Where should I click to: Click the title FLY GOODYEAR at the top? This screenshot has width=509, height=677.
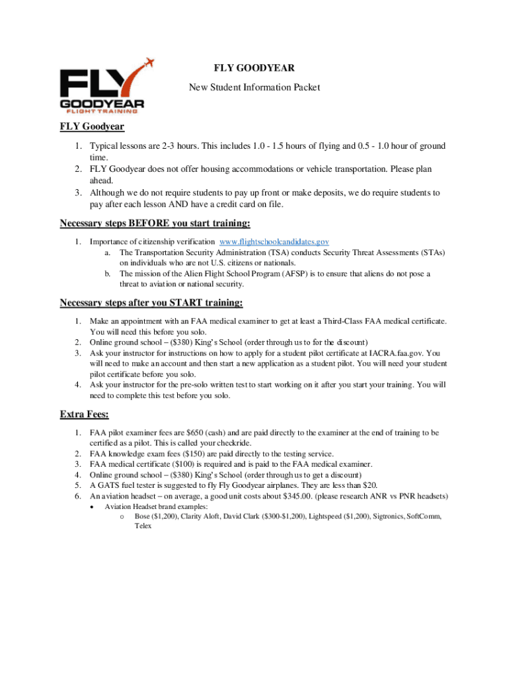(254, 68)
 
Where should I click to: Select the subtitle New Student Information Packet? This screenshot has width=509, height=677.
(255, 87)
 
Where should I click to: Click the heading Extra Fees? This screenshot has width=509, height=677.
(85, 415)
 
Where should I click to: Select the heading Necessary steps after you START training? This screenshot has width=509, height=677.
(151, 303)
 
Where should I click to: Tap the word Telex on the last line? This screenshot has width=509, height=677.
(143, 526)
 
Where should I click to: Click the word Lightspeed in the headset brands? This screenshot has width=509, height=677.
(330, 516)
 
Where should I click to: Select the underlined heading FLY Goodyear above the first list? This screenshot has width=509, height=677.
(93, 126)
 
